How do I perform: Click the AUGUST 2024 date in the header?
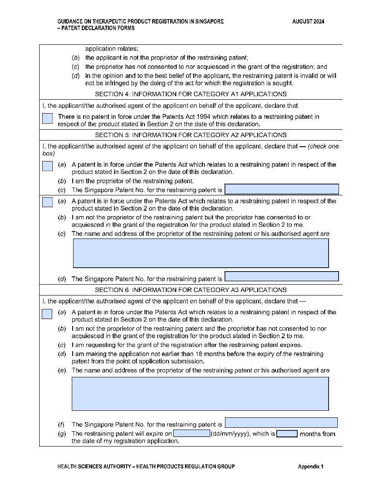click(x=308, y=22)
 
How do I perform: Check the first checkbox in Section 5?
click(x=47, y=166)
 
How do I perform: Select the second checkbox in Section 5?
click(x=47, y=202)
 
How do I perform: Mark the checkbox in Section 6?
click(x=47, y=314)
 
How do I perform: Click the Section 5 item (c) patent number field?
click(x=282, y=189)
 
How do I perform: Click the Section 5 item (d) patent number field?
click(x=282, y=276)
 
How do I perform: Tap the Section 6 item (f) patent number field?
click(x=281, y=423)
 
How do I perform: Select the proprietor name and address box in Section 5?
click(x=201, y=253)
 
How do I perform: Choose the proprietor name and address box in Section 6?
click(x=200, y=394)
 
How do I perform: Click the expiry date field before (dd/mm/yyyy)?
click(x=191, y=433)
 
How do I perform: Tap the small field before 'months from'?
click(x=287, y=433)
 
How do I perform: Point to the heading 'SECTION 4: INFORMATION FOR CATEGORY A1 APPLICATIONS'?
click(x=191, y=94)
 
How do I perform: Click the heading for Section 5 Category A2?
click(x=191, y=135)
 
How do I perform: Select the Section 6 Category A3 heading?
click(x=191, y=290)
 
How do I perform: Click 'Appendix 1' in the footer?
click(x=311, y=467)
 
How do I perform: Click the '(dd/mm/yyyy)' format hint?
click(x=231, y=433)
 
